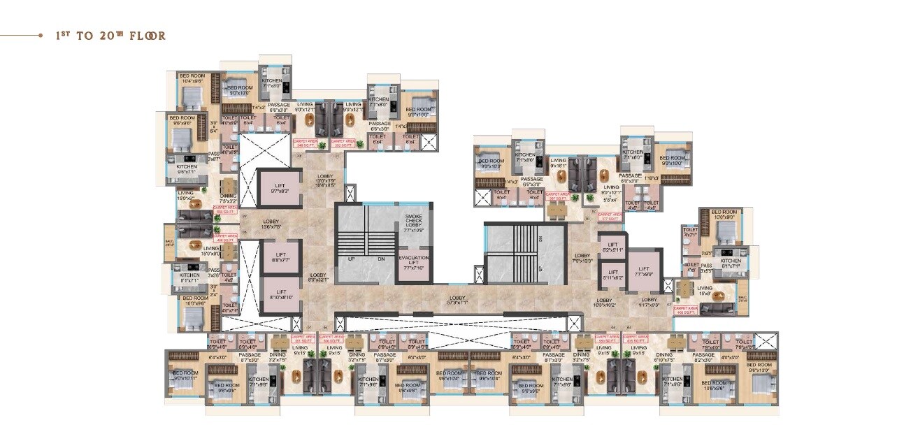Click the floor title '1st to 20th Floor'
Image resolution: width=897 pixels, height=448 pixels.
coord(110,36)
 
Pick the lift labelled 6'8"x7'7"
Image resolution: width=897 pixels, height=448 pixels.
coord(278,258)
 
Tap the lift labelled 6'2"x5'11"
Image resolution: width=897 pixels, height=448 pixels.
coord(612,245)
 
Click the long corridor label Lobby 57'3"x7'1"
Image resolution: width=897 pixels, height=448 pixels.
coord(458,301)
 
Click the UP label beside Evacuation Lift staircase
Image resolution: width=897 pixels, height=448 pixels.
coord(352,259)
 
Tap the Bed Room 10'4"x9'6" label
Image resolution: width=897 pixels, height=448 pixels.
coord(192,78)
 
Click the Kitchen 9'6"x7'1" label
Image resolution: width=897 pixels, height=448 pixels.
coord(186,168)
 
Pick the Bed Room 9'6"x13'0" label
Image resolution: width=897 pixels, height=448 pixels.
coord(759,368)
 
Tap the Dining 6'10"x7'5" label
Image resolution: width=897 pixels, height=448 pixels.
coord(664,357)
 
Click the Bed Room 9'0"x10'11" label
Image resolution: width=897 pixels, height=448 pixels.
coord(185,375)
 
